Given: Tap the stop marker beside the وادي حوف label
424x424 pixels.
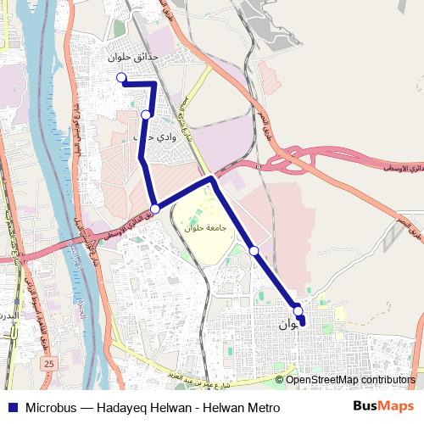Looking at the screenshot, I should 147,114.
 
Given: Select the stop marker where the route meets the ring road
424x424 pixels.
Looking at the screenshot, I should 154,209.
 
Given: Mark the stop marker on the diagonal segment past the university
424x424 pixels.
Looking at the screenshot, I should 254,250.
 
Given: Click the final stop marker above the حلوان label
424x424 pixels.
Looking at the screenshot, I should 298,310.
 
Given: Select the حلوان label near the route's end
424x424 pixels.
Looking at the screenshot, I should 288,325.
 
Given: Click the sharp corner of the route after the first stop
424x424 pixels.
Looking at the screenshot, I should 154,83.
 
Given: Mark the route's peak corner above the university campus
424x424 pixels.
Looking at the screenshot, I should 211,178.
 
